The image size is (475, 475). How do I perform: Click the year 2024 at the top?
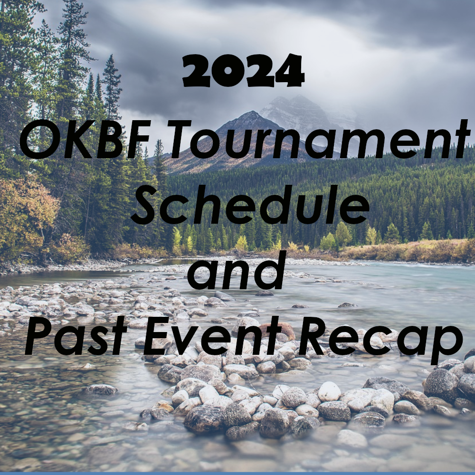(243, 71)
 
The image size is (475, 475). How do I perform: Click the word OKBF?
(85, 140)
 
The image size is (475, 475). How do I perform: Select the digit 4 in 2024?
(290, 71)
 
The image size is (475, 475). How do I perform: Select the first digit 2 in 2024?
(196, 71)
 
